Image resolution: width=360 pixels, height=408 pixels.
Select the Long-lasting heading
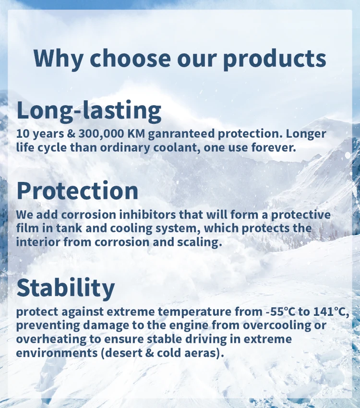click(x=89, y=110)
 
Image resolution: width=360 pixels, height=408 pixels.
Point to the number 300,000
click(x=101, y=134)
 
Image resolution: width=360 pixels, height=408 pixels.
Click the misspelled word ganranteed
click(x=181, y=134)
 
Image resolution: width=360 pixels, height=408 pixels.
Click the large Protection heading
click(x=77, y=191)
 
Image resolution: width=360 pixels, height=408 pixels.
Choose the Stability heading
click(x=66, y=288)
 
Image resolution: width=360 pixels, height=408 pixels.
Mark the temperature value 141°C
click(x=331, y=312)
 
